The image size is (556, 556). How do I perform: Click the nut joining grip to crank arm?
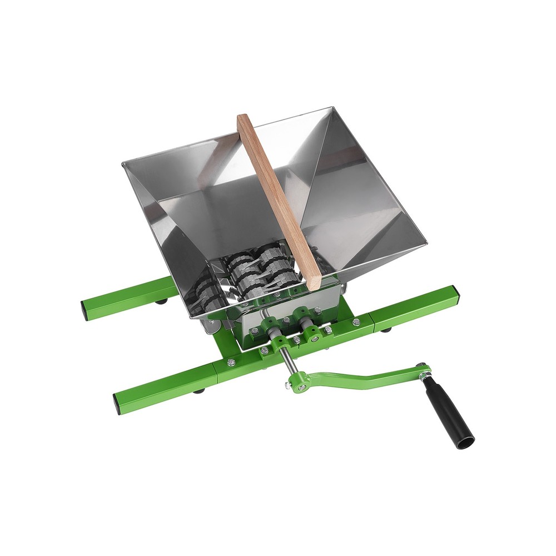pos(424,376)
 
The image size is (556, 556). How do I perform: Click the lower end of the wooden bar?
pos(314,284)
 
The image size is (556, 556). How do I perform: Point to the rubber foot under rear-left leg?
pos(161,302)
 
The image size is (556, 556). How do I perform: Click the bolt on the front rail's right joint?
pos(356,322)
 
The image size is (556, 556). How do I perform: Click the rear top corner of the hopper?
pos(332,108)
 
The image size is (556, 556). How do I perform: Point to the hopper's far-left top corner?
pos(123,162)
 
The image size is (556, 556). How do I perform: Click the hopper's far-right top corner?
pos(426,244)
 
